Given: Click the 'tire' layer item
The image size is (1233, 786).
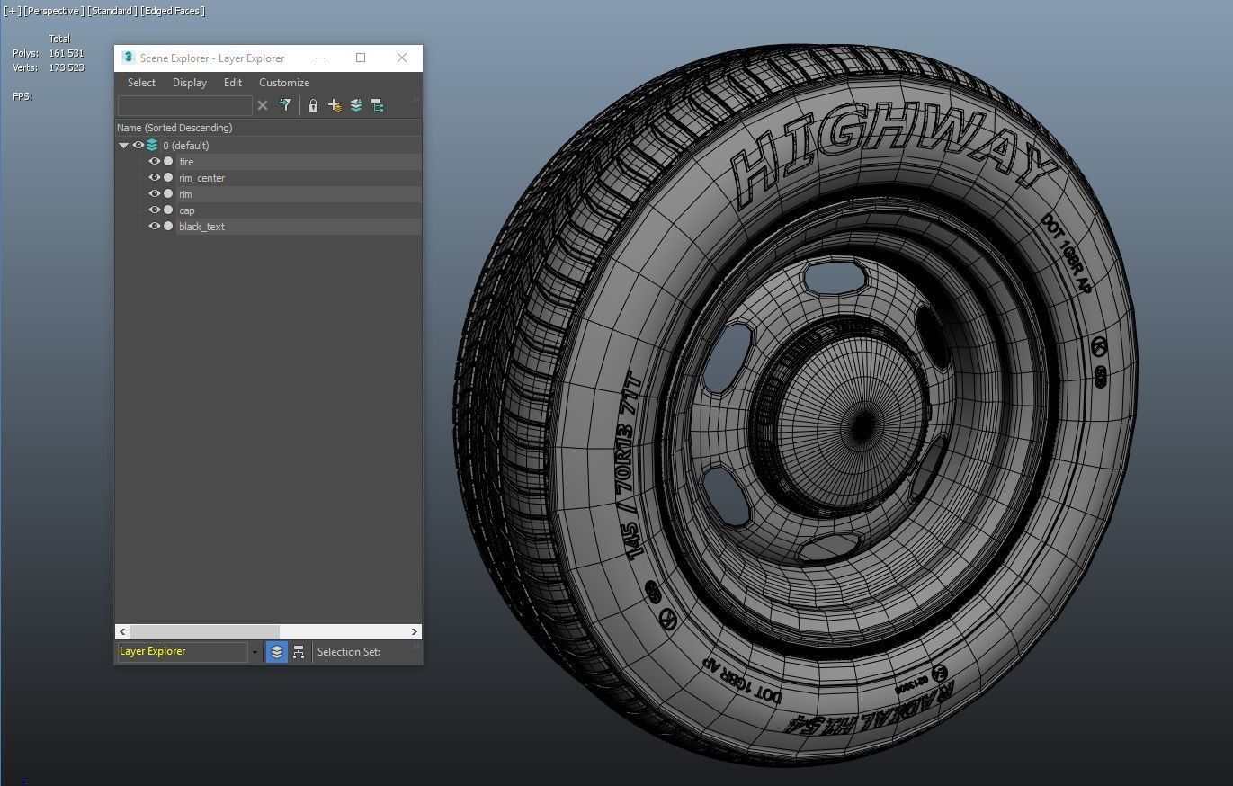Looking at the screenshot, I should [x=186, y=162].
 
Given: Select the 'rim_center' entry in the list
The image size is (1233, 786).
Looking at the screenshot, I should [x=201, y=178].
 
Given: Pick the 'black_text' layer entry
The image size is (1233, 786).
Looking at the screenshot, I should [x=201, y=227].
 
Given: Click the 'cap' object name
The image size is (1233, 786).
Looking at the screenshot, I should [x=186, y=210].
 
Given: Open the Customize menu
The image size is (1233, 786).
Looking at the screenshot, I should [x=284, y=83].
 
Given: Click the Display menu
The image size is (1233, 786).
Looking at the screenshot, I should [x=190, y=83].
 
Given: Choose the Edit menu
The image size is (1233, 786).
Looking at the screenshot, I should [x=233, y=83].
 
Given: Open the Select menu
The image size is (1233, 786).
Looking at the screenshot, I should [x=141, y=83].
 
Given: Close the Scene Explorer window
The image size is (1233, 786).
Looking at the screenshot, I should [x=402, y=58].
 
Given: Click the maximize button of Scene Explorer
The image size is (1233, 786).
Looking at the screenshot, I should [x=361, y=58].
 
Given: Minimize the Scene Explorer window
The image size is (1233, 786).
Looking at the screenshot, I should [x=320, y=58].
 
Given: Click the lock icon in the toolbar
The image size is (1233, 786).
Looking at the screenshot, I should [x=313, y=105].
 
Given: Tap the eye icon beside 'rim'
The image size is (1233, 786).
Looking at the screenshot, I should [x=155, y=194].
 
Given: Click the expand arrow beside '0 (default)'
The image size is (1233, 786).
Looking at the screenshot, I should [x=124, y=145].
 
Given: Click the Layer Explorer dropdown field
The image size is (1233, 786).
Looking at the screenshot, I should [x=183, y=652].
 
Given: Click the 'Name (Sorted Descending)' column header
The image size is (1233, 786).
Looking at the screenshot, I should [x=174, y=128].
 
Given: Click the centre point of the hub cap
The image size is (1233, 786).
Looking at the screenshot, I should [x=862, y=421].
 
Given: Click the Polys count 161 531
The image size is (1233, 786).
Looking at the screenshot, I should [x=66, y=53].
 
